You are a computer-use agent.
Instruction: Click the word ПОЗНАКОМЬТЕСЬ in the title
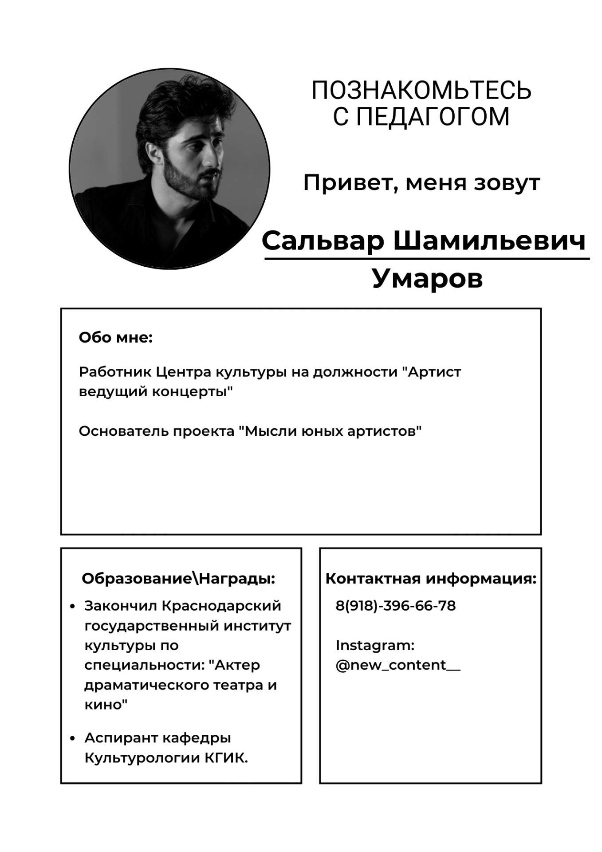coord(421,91)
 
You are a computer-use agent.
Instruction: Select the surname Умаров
coord(427,278)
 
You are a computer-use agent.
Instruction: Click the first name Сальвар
coord(323,241)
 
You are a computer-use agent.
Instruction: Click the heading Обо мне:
coord(116,338)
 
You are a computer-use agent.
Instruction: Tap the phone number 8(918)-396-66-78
coord(395,605)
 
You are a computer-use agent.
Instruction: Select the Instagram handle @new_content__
coord(397,665)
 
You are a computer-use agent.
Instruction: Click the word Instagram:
coord(375,645)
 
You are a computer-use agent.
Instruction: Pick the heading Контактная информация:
coord(431,579)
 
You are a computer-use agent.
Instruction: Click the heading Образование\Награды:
coord(178,579)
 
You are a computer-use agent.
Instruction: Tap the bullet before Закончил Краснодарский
coord(72,606)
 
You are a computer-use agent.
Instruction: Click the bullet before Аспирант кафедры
coord(72,738)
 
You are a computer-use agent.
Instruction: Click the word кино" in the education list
coord(106,705)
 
